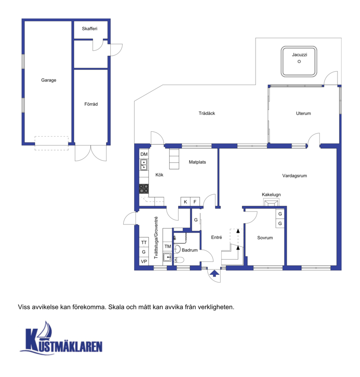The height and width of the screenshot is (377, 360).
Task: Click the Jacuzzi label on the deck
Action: click(299, 55)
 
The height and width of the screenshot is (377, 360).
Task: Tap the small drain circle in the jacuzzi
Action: click(299, 61)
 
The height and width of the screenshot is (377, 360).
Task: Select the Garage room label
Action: click(49, 80)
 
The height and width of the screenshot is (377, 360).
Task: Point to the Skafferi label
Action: click(90, 29)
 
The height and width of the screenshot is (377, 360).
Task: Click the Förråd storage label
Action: click(91, 104)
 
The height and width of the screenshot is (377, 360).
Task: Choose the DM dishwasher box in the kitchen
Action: click(144, 154)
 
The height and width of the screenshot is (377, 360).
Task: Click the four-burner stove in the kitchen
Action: click(144, 189)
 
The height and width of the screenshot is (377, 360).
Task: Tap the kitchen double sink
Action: click(144, 165)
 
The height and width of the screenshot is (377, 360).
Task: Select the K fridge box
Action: click(185, 202)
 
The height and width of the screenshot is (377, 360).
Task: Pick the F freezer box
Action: click(195, 202)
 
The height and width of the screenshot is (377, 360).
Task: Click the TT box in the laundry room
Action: click(144, 242)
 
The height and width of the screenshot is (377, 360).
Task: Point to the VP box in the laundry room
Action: click(144, 261)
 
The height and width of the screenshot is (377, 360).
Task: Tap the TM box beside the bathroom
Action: click(167, 247)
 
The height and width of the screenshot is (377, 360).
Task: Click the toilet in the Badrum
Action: click(179, 260)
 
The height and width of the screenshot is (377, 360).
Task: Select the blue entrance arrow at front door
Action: click(215, 274)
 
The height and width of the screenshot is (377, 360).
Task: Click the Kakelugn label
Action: click(271, 195)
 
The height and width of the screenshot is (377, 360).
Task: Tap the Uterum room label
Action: click(303, 113)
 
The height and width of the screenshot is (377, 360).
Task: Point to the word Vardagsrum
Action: click(295, 176)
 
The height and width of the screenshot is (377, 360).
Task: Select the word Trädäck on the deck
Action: click(207, 113)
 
